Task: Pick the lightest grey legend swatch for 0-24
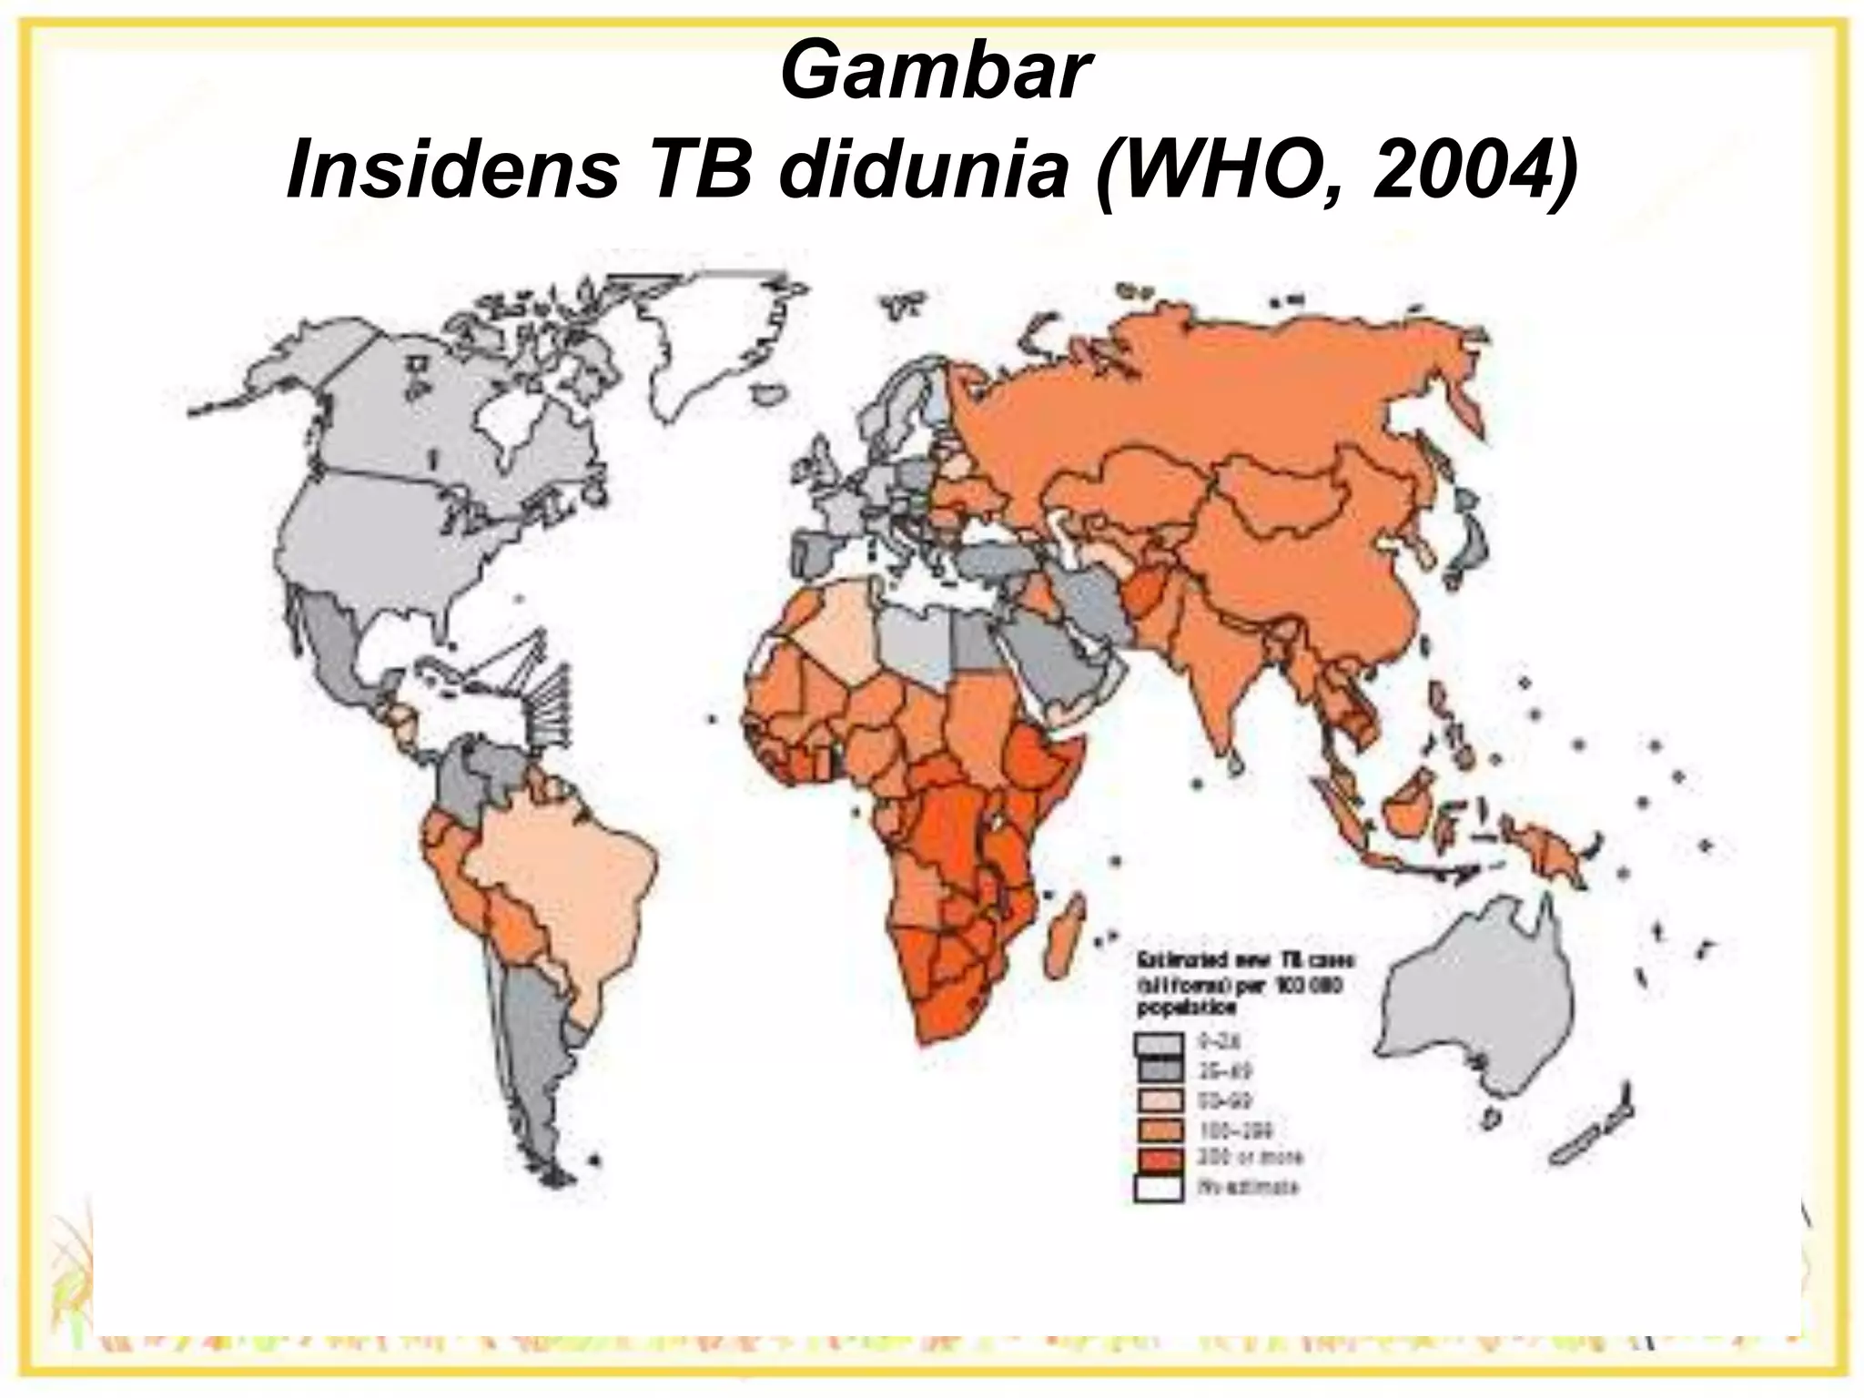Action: pos(1158,1043)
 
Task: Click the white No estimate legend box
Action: pos(1158,1189)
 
